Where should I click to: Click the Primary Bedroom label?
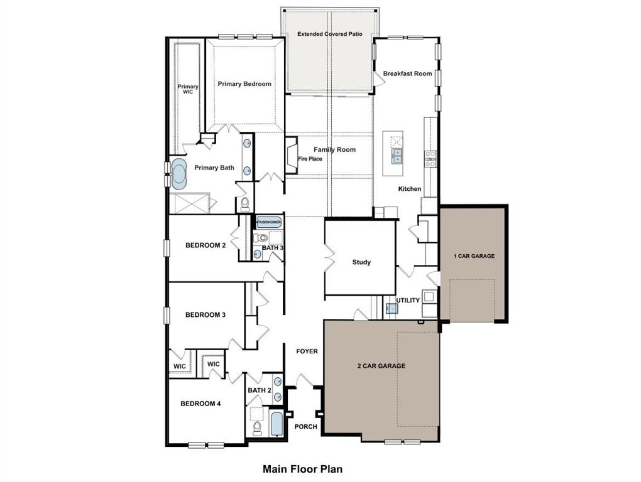[244, 84]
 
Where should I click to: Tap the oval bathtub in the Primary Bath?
[179, 174]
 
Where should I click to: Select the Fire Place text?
[310, 159]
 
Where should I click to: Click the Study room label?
[361, 262]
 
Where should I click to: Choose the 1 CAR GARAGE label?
[474, 256]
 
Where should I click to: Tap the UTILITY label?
[408, 301]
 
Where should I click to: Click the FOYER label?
[307, 351]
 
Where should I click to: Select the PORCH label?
[306, 427]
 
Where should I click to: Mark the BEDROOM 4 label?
[200, 404]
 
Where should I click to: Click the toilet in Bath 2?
[257, 428]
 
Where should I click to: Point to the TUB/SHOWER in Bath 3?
[269, 222]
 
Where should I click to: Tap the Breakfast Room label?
[407, 73]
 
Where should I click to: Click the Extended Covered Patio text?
[330, 34]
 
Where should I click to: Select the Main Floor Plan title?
[302, 469]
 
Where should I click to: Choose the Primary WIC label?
[187, 89]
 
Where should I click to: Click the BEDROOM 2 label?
[205, 245]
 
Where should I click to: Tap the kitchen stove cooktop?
[430, 159]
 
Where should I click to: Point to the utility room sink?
[391, 308]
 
